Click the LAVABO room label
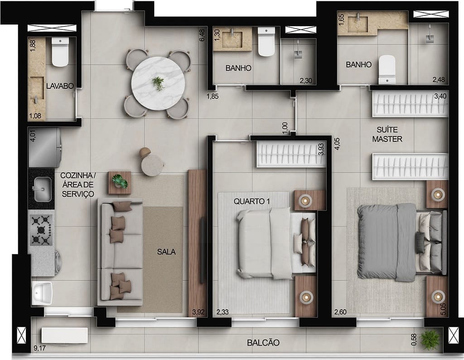point(59,85)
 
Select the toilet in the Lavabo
point(60,52)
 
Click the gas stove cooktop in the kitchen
point(41,229)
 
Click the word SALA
point(166,252)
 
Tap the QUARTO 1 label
point(250,200)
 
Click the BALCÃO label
point(263,343)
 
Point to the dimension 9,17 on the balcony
point(39,348)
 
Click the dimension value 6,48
point(202,35)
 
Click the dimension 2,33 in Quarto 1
point(222,312)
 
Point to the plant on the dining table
point(158,83)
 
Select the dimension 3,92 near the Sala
point(198,312)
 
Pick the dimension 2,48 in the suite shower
point(438,80)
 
